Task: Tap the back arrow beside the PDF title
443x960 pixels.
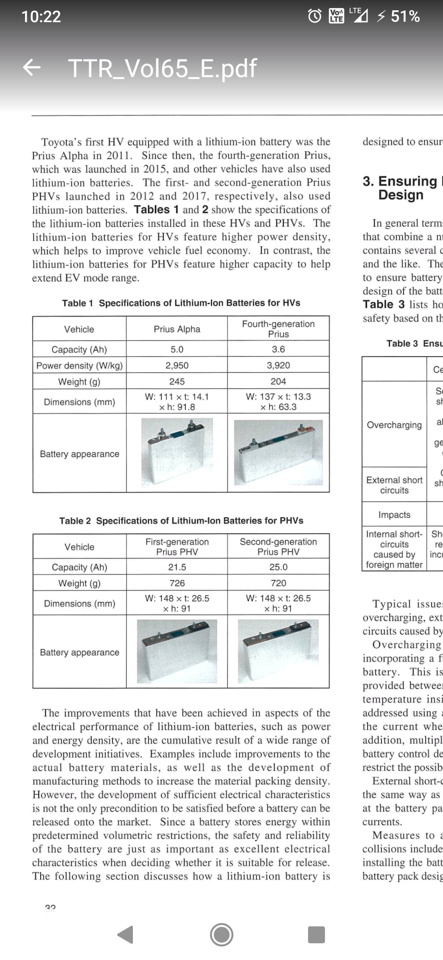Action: (x=32, y=68)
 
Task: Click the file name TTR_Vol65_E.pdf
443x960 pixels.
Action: (x=162, y=68)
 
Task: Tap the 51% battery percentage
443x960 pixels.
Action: (x=405, y=16)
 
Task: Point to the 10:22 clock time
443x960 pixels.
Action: (x=41, y=16)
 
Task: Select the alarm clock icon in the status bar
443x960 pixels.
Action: (x=315, y=16)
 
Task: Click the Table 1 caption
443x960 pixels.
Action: (x=181, y=303)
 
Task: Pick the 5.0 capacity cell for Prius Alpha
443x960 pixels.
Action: (x=177, y=350)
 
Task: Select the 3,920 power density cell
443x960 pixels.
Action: (x=278, y=366)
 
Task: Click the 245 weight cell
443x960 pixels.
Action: (x=177, y=382)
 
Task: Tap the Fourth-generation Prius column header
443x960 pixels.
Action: (x=278, y=329)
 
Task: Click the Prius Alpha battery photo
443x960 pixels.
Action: (x=177, y=452)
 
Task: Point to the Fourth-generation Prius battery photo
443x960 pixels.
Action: (x=278, y=453)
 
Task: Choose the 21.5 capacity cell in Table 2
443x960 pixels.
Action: (x=177, y=567)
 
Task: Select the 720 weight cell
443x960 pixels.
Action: (x=278, y=583)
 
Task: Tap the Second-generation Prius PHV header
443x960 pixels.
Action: (x=278, y=547)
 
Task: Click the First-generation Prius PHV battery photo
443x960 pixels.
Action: (x=177, y=651)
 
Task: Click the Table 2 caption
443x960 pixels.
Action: (x=181, y=521)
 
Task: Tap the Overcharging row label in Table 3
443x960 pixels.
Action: (x=394, y=425)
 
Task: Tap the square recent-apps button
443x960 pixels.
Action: (x=316, y=935)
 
